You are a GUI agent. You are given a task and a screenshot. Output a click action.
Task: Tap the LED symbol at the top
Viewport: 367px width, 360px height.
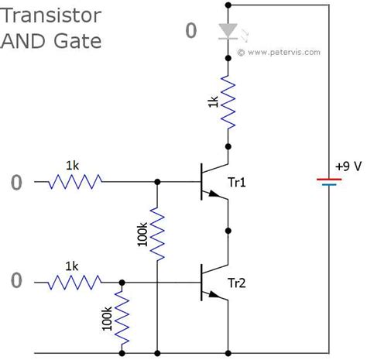[227, 31]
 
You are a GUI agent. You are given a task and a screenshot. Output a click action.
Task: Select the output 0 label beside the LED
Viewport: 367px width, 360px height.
[191, 32]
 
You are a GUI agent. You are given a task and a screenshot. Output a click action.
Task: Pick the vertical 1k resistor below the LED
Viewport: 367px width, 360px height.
[227, 101]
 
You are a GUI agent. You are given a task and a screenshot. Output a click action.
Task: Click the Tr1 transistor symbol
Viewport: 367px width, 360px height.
[211, 182]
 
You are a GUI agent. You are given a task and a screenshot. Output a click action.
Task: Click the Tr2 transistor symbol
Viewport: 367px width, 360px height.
[211, 282]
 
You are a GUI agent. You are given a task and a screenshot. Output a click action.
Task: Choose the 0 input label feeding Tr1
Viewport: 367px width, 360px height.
[17, 183]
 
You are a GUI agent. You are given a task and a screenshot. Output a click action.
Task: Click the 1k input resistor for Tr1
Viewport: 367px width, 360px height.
[75, 182]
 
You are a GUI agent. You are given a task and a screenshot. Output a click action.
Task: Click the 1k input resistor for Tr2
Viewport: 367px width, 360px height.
[75, 282]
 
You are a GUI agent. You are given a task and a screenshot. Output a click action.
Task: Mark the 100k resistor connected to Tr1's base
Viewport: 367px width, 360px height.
[157, 235]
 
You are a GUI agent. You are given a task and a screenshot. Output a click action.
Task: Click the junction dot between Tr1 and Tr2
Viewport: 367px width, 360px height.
[228, 231]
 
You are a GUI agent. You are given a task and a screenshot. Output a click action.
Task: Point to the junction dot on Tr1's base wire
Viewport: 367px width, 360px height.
[157, 182]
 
